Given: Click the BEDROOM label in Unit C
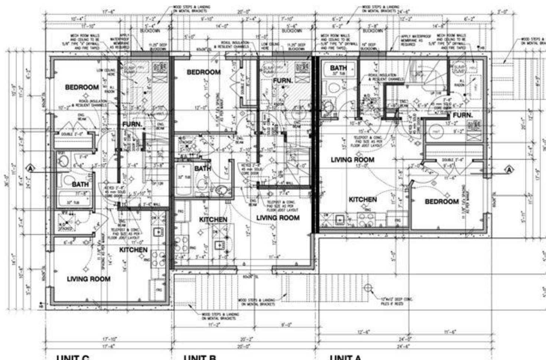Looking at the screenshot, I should (82, 87).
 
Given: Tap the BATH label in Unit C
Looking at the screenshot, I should (80, 184).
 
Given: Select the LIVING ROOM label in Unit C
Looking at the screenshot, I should (88, 279).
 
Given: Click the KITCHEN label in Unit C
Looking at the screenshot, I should (133, 250).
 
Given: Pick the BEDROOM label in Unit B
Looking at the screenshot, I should (204, 72).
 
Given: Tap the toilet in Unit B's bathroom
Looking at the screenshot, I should (221, 190).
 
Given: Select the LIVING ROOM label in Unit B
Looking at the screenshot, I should (278, 218).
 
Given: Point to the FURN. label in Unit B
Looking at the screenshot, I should (283, 81).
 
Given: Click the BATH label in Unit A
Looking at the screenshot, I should (338, 68).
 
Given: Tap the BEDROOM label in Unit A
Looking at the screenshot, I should (442, 202).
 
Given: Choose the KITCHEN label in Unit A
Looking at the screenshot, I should (363, 200).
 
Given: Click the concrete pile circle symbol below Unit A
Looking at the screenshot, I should (368, 288).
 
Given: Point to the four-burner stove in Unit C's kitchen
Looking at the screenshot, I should (158, 258).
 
